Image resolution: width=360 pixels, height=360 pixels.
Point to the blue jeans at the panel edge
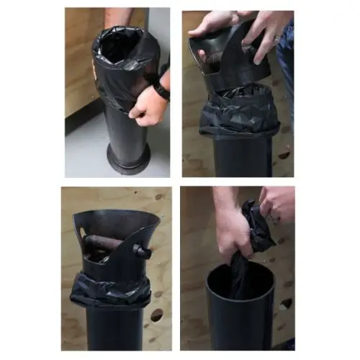coord(287,65)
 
